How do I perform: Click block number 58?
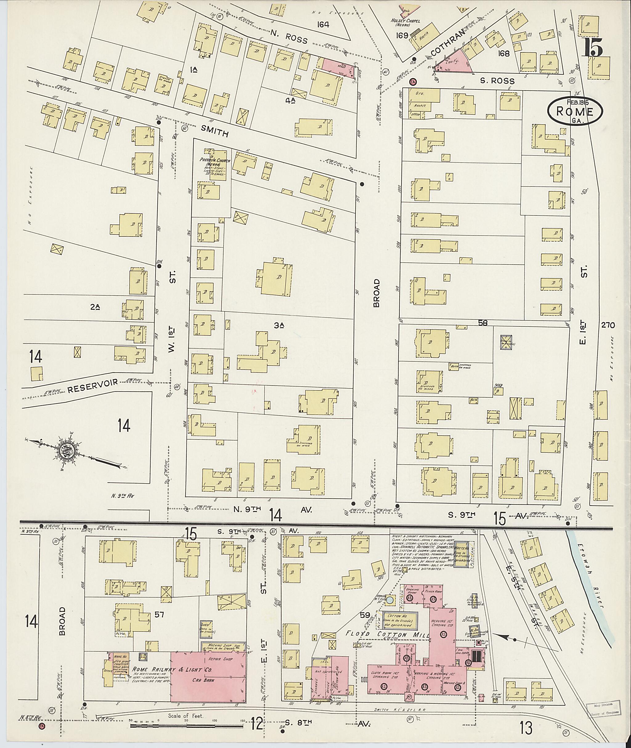483,323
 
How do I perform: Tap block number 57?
159,614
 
